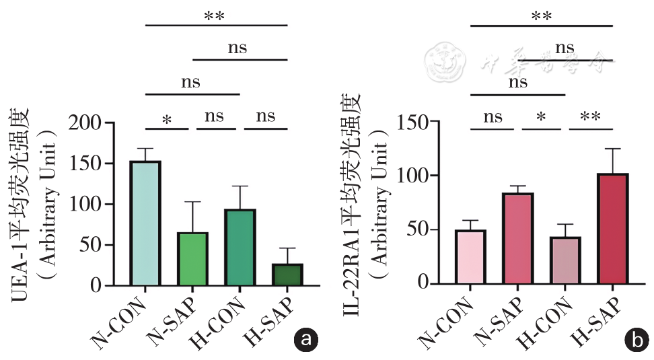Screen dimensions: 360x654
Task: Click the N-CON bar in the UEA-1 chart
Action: click(145, 223)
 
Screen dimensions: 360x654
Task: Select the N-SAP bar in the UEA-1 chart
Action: click(193, 258)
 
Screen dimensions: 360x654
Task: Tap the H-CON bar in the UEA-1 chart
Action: click(240, 247)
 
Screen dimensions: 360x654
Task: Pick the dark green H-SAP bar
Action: click(287, 274)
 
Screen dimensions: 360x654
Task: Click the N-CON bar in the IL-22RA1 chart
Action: click(470, 256)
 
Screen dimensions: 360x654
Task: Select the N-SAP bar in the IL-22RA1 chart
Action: click(518, 238)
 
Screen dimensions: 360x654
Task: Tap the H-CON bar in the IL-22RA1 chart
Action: click(565, 259)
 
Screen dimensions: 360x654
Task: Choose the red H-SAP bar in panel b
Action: click(613, 228)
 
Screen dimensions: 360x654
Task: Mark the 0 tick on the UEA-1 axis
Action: click(114, 285)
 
